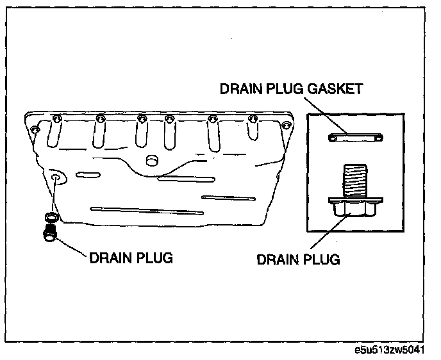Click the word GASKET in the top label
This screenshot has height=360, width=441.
click(x=335, y=89)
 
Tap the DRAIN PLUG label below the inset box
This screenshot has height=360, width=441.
click(x=299, y=259)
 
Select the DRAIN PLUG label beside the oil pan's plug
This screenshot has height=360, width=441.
click(x=131, y=258)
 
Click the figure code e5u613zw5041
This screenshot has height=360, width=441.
click(x=390, y=350)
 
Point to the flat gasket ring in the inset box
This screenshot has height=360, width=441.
click(x=356, y=138)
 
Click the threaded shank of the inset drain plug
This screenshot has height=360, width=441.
click(x=355, y=181)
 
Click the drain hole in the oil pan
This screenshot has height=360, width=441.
click(x=55, y=178)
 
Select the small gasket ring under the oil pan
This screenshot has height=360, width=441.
click(x=52, y=217)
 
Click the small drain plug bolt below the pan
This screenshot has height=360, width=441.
click(x=50, y=232)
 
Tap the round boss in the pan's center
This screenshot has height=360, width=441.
click(x=152, y=160)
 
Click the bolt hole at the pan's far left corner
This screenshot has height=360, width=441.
click(x=35, y=129)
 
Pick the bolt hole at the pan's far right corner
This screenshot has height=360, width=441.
click(x=286, y=125)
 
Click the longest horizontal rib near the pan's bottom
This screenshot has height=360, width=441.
click(x=147, y=211)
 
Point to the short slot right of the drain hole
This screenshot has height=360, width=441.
click(x=88, y=174)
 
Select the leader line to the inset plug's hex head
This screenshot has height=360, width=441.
click(x=329, y=231)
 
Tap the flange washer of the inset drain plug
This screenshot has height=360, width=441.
click(x=356, y=200)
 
